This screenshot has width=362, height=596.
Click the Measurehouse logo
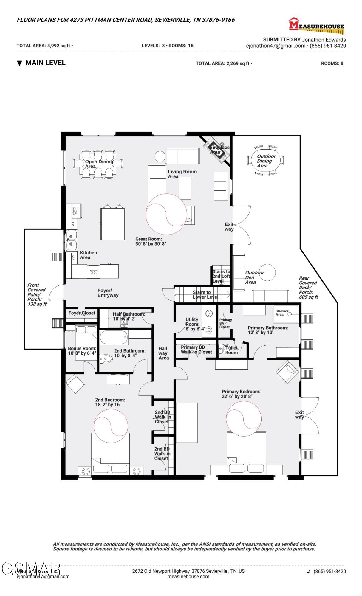tap(316, 25)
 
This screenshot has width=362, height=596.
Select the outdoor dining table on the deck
tap(266, 161)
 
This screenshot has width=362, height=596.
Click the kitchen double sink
tap(71, 240)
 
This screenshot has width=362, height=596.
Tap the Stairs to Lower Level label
tap(205, 295)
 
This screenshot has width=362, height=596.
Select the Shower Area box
tap(286, 313)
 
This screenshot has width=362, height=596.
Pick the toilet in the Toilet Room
tap(222, 348)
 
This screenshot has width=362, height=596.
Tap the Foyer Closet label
tap(82, 313)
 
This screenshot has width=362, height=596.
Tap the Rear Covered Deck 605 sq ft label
tap(308, 287)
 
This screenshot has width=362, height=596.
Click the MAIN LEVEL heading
tap(45, 63)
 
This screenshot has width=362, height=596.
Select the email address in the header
tap(276, 46)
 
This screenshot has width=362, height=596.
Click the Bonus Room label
tap(82, 351)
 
